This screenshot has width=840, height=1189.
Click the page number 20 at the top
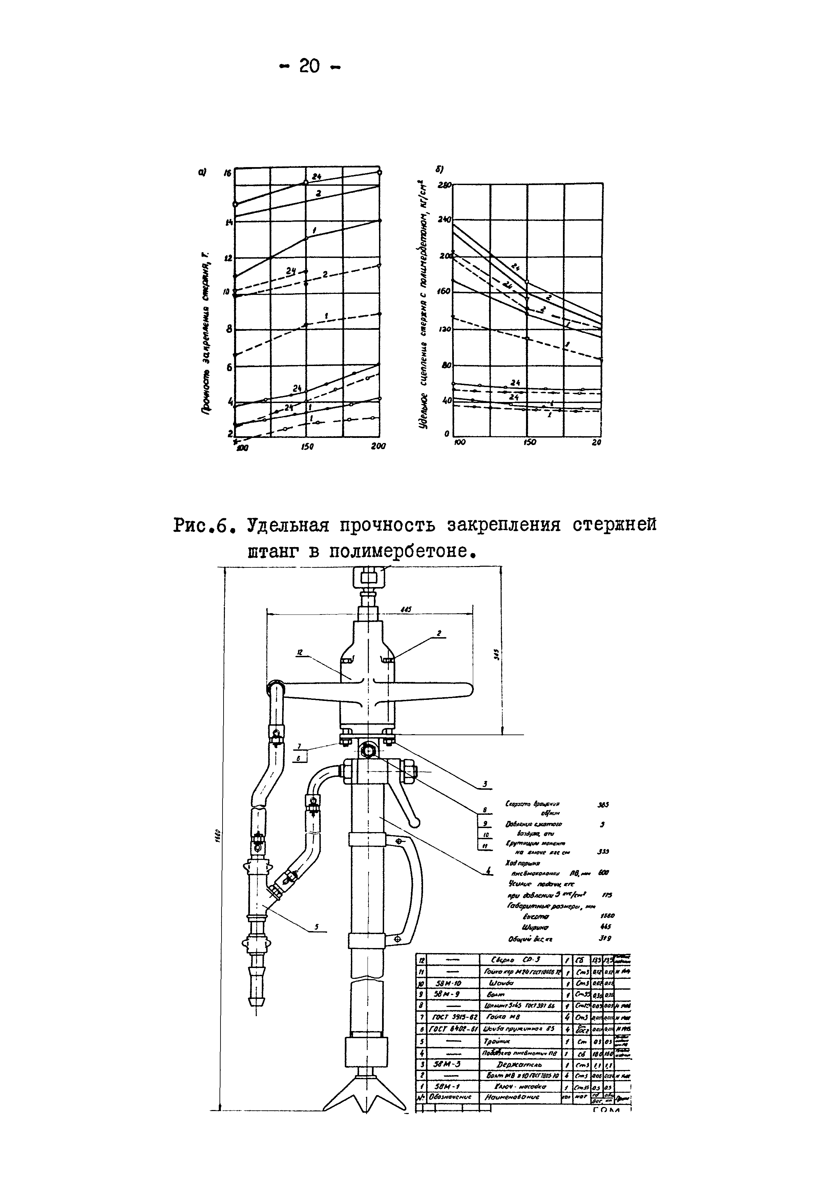310,66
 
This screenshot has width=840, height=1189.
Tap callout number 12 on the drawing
299,653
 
